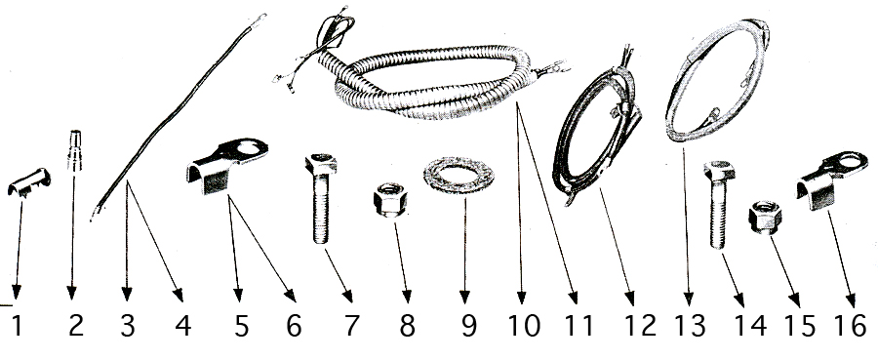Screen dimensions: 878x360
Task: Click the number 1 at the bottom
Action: (x=18, y=326)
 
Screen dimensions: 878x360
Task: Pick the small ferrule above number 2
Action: (x=74, y=150)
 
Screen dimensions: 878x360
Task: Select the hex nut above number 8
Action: (x=390, y=200)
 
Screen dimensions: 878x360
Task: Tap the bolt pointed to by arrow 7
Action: (x=321, y=198)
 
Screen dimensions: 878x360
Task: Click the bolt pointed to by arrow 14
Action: (x=719, y=204)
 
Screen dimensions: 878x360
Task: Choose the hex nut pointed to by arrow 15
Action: (x=765, y=218)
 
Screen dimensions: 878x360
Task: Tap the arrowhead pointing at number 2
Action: (x=71, y=293)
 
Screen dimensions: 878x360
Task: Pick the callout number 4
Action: (x=183, y=326)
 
